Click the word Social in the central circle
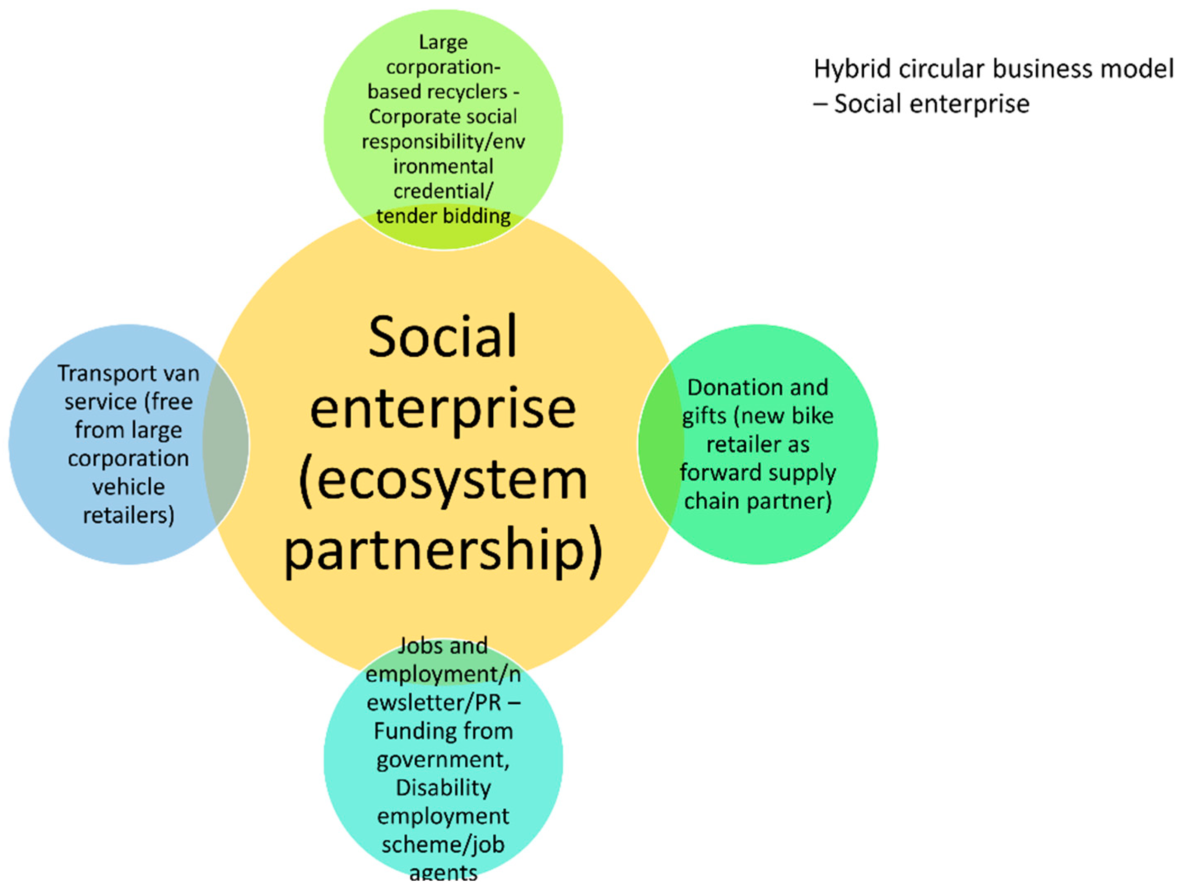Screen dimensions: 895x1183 point(443,337)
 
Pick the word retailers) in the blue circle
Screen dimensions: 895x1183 point(128,515)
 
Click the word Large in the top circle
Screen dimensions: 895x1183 point(443,42)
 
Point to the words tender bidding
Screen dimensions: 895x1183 point(443,216)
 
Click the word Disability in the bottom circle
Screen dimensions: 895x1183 point(443,788)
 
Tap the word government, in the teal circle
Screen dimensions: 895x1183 point(443,759)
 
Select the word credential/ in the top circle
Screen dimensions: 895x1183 point(443,191)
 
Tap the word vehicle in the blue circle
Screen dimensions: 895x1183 point(128,487)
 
